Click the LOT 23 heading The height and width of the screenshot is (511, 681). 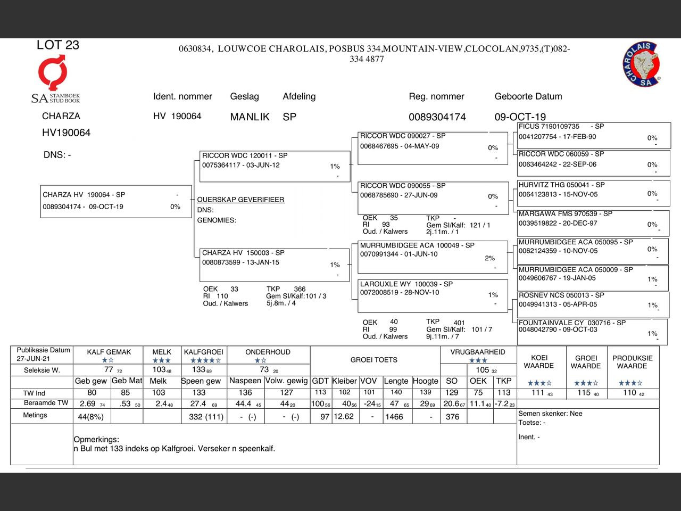58,45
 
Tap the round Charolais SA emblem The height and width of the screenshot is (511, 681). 642,64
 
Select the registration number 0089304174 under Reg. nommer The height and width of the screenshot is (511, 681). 437,117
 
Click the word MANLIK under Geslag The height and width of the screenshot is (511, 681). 250,117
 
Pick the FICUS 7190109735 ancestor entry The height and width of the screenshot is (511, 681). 594,135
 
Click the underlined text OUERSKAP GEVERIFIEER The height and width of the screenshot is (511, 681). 240,200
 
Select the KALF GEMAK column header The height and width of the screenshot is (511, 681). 109,352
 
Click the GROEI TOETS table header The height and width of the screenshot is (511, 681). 373,360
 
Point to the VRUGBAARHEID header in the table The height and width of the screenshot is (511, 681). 478,352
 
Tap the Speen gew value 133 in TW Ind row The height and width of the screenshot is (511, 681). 199,393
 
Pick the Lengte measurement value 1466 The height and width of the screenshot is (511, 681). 394,417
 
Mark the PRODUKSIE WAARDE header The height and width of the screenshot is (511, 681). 632,362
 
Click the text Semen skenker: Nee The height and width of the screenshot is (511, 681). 550,414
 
